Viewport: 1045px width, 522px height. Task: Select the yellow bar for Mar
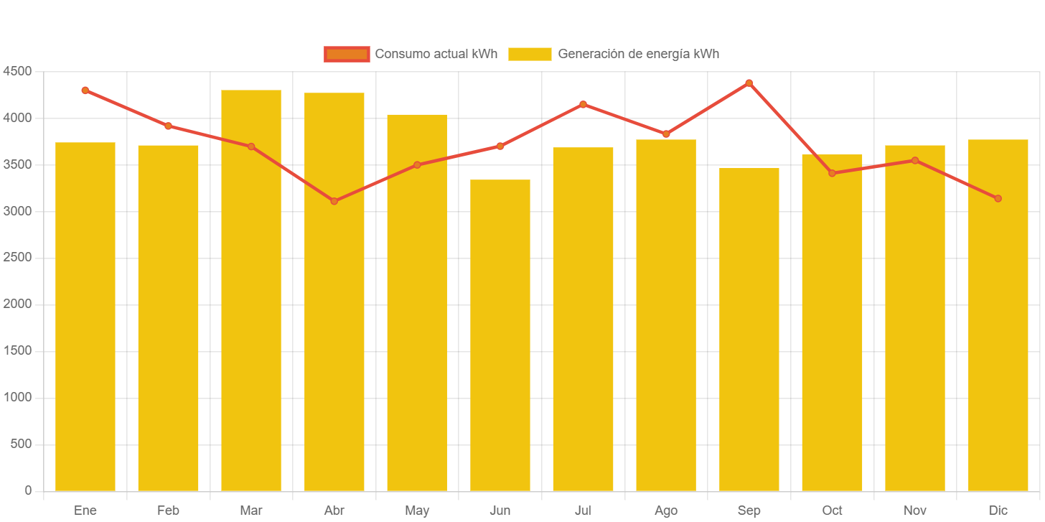251,290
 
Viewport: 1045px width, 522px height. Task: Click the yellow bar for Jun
500,335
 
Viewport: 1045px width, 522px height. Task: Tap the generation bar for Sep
749,329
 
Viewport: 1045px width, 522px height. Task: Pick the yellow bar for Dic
998,315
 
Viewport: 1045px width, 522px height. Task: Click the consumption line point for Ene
85,90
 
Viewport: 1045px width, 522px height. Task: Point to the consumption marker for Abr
334,201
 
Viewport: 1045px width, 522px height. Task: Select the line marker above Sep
749,83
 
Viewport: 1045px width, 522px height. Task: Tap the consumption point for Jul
584,104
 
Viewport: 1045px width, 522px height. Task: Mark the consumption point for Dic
998,198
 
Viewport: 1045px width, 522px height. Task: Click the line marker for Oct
833,173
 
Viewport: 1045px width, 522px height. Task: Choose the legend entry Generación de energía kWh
614,54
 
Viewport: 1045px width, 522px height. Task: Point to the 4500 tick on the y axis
17,71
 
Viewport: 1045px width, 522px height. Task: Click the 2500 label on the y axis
17,258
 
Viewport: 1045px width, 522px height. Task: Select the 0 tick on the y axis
28,490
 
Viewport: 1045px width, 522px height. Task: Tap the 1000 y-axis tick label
17,397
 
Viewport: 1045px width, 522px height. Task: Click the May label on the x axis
417,511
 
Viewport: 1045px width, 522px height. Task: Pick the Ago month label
666,511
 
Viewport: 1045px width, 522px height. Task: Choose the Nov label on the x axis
915,511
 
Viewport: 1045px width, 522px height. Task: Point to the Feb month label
168,511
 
